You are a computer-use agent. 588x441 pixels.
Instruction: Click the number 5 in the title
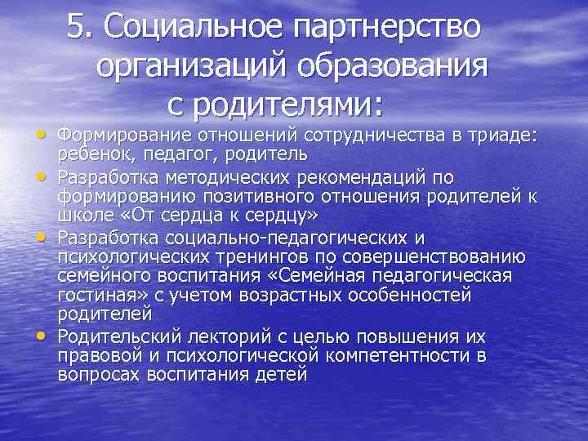click(76, 29)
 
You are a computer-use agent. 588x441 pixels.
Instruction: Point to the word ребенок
click(90, 154)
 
